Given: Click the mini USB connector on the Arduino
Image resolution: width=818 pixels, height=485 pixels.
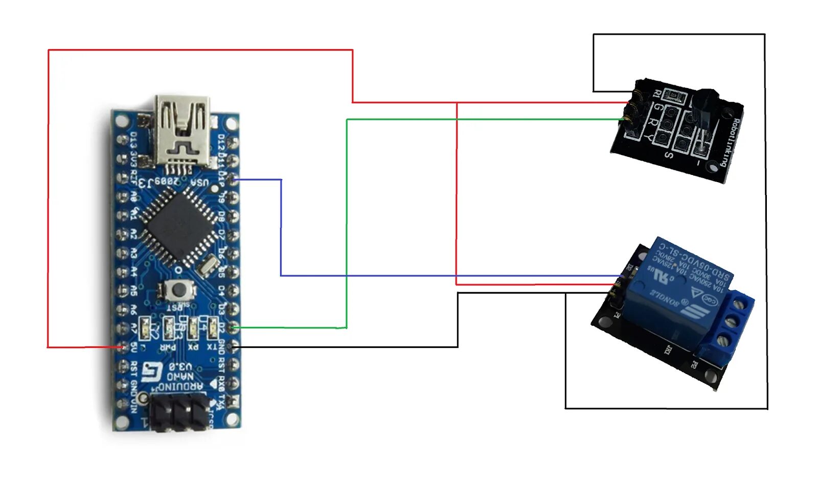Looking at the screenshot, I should click(183, 130).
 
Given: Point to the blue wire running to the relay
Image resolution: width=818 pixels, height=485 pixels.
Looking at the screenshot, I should click(281, 230).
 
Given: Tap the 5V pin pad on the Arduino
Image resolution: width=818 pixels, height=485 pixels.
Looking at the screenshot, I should click(123, 347).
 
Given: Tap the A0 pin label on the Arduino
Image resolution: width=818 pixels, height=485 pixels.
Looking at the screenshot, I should click(134, 196).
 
